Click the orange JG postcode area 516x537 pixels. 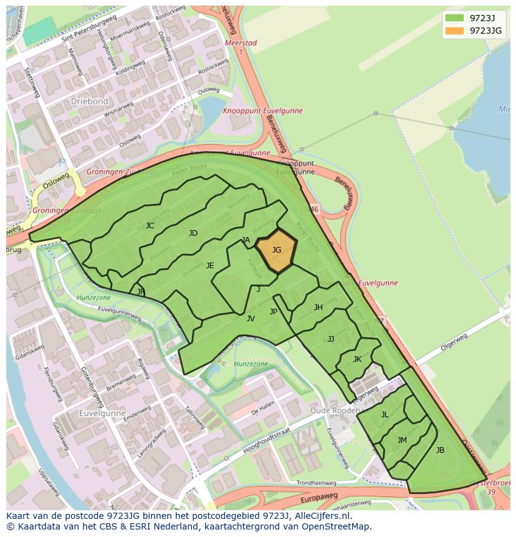[x=276, y=250]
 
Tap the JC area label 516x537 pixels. [x=150, y=226]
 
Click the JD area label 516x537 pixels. [x=193, y=233]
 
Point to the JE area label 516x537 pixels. [x=210, y=266]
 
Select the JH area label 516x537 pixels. [x=318, y=307]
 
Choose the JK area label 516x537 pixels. [x=357, y=359]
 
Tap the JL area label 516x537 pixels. [x=385, y=415]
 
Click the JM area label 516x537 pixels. [x=402, y=440]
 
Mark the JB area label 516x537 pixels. [x=440, y=450]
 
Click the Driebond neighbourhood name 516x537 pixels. [x=89, y=101]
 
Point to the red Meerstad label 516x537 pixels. [x=241, y=44]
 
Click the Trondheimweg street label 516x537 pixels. [x=316, y=483]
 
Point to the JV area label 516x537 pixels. [x=251, y=319]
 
